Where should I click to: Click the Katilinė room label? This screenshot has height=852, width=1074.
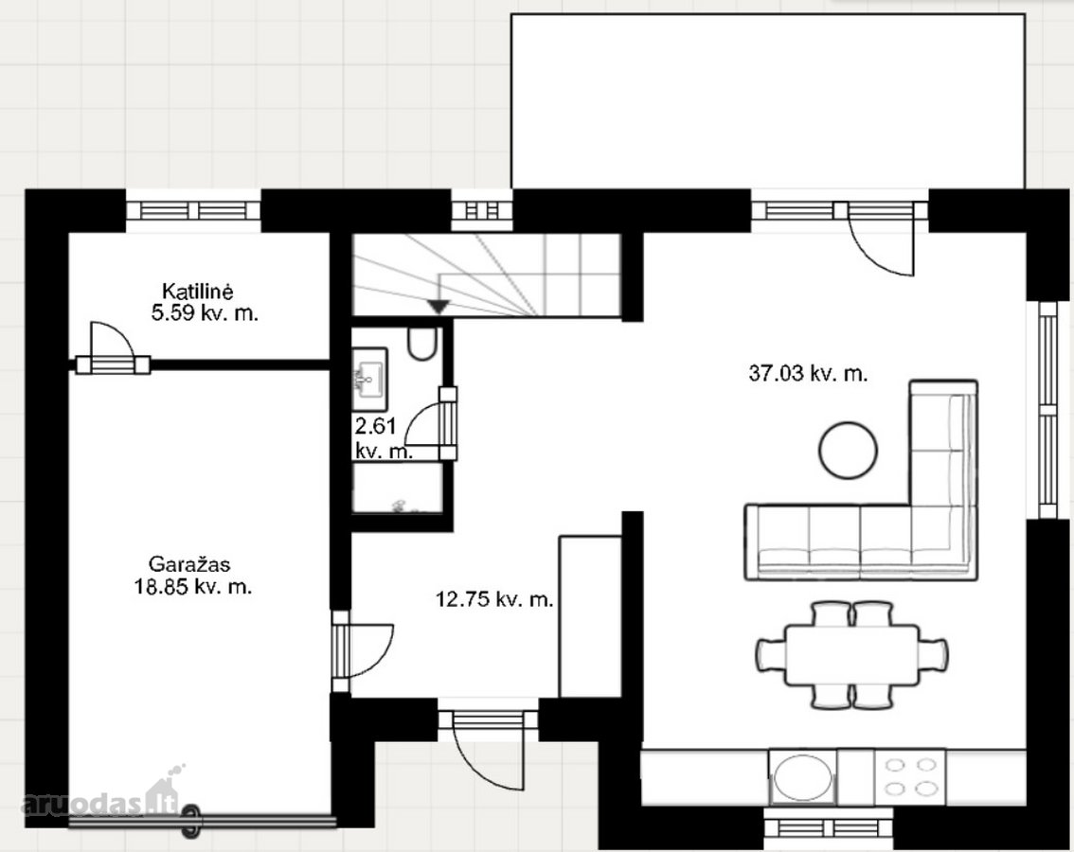coord(197,291)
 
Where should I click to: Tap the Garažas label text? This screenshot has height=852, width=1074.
coord(189,564)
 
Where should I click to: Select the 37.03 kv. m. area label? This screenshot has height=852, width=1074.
coord(808,374)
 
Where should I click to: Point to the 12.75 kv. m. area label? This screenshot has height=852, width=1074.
coord(494,600)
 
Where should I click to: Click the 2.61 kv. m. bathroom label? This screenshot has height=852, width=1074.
coord(383,438)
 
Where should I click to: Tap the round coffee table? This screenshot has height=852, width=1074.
coord(848,451)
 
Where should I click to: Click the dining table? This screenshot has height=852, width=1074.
coord(851,655)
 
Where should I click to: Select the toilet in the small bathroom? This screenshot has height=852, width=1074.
coord(421,343)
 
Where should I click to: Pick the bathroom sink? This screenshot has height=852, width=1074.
coord(370,373)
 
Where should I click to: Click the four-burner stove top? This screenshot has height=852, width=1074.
coord(910,776)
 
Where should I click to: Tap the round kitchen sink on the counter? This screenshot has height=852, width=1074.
coord(803,778)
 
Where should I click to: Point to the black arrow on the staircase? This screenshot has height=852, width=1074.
coord(439,306)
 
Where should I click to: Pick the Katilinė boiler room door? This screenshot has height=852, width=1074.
coord(112,346)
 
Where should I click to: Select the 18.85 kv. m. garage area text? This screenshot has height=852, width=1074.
coord(193,586)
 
